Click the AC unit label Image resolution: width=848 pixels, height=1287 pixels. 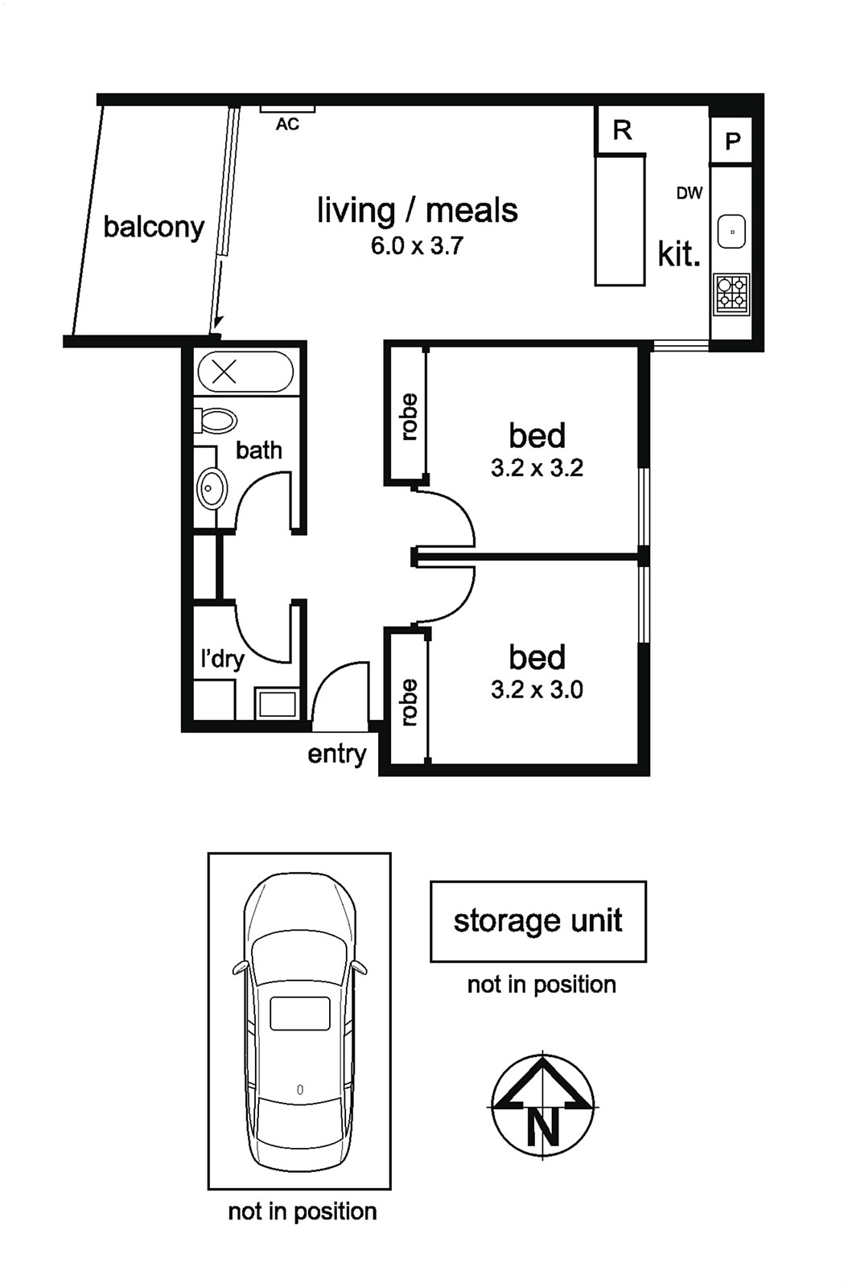(x=287, y=124)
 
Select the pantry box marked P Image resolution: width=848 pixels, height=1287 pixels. (x=731, y=141)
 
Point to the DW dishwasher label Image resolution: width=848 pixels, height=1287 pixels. (x=690, y=193)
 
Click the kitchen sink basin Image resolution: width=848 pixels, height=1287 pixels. (x=732, y=232)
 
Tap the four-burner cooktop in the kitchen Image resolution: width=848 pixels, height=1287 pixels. (x=732, y=294)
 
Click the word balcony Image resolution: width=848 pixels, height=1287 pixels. (x=154, y=228)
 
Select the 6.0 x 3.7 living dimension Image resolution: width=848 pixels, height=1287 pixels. (x=417, y=246)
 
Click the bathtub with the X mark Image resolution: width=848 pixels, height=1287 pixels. (x=245, y=372)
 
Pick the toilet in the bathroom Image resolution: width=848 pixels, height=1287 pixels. (x=215, y=421)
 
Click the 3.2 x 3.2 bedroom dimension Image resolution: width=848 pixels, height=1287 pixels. (x=537, y=467)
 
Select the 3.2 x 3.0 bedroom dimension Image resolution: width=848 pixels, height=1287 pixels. (x=537, y=689)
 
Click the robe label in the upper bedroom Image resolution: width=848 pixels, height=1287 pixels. (x=409, y=417)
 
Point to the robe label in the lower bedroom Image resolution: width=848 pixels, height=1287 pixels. (x=409, y=702)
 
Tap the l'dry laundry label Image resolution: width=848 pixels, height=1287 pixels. (x=222, y=659)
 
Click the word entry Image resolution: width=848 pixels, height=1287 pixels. (x=337, y=754)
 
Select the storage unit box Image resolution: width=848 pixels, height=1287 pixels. (x=538, y=922)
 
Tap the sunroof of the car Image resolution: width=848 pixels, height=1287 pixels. (x=300, y=1014)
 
